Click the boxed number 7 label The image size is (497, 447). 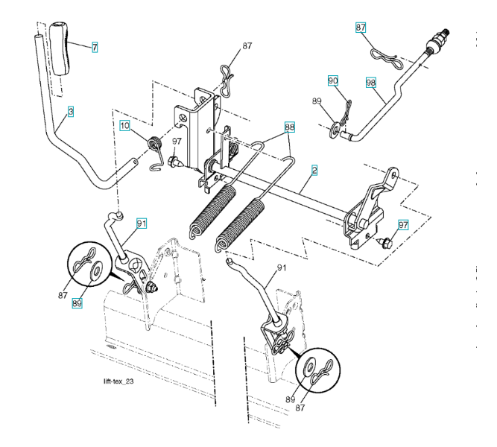tap(95, 47)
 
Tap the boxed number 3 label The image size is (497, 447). tap(71, 111)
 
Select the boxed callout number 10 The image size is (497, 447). tap(126, 125)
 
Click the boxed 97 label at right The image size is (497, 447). tap(402, 225)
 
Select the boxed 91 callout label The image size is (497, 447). tap(142, 221)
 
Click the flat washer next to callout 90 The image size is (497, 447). tap(334, 132)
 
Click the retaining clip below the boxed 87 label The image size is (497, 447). tap(385, 53)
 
